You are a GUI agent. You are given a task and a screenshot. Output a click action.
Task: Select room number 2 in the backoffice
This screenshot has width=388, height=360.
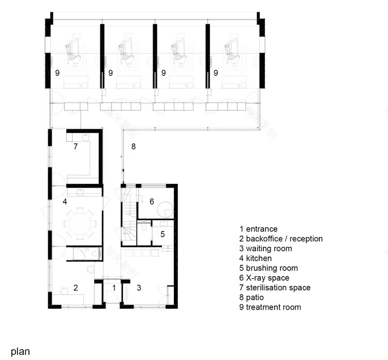click(76, 287)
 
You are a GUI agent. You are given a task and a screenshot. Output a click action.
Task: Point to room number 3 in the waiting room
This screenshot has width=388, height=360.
click(139, 287)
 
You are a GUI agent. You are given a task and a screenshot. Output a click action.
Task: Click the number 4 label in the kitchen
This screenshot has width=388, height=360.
click(65, 201)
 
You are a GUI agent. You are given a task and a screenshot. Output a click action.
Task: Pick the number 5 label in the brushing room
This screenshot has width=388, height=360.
click(162, 234)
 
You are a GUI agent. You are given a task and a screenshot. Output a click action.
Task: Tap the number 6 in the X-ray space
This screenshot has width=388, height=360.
click(152, 201)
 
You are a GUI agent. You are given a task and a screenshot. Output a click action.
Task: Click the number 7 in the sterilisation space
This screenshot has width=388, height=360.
click(75, 147)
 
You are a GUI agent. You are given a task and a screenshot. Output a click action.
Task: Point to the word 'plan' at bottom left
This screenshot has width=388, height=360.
click(20, 351)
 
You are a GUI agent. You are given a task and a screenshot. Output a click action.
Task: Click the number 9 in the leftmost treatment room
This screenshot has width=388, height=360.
click(57, 73)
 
